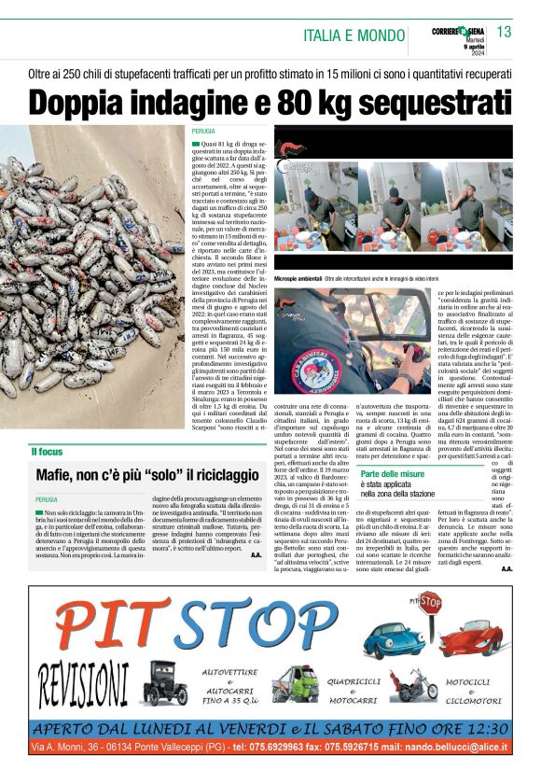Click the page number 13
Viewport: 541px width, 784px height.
click(504, 32)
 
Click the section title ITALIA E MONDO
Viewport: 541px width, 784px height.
click(354, 35)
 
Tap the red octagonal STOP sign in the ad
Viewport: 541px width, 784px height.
click(430, 600)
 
